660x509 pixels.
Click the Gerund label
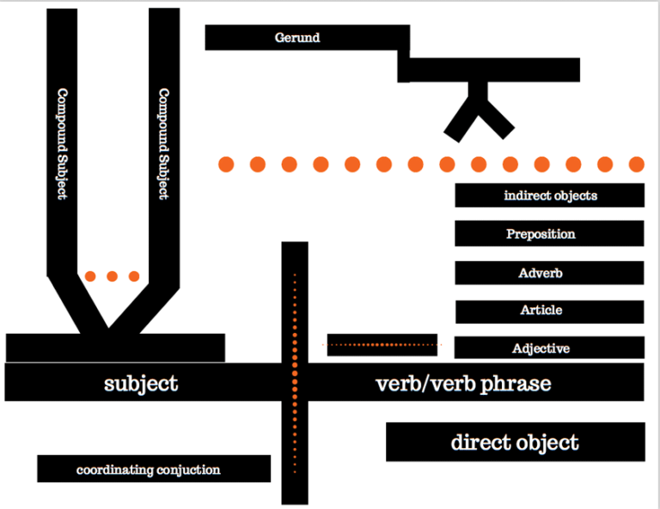pos(297,38)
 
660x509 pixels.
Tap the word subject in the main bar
pos(141,383)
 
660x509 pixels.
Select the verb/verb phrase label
pos(463,383)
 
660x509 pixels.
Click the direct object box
pos(515,443)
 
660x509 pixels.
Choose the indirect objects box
pos(550,196)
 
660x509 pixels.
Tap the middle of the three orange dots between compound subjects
pos(112,276)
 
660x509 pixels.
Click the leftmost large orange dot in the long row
pos(226,164)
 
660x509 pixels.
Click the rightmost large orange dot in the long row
pos(637,164)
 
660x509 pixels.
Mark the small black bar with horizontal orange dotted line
pos(382,344)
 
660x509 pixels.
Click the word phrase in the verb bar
pos(516,383)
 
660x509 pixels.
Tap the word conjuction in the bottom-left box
pos(189,470)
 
